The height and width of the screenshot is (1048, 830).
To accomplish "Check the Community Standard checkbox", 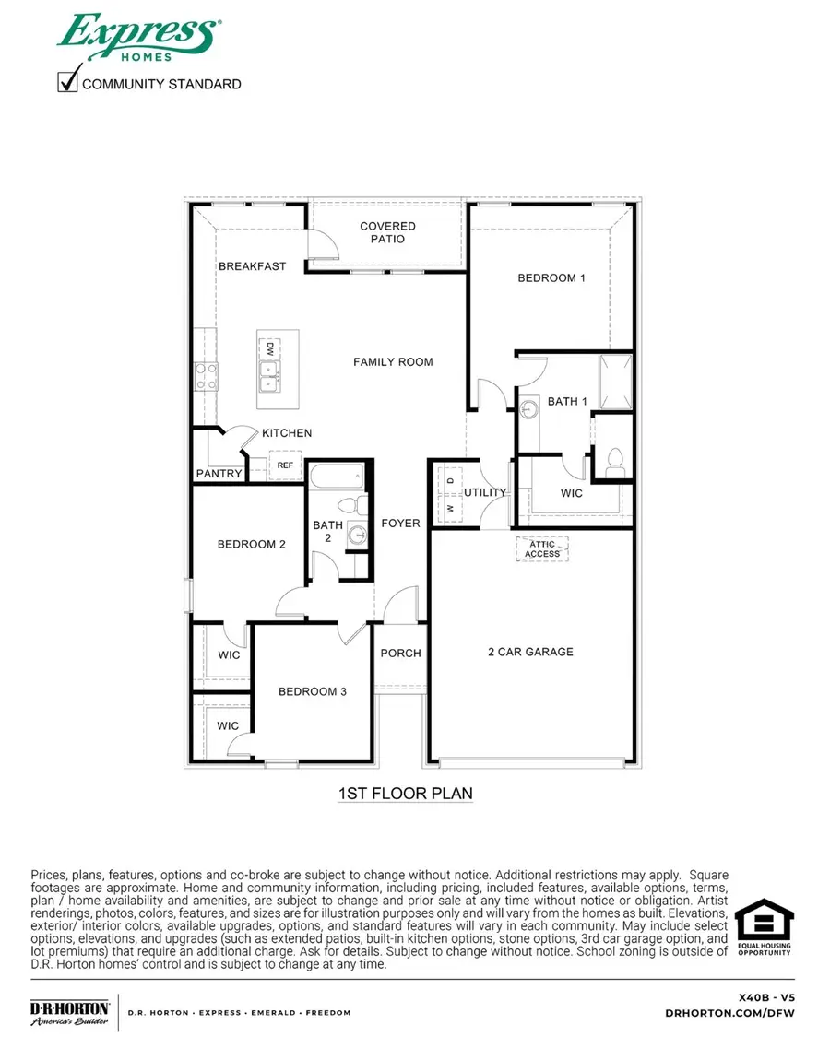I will click(68, 83).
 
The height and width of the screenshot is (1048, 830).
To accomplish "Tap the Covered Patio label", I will click(387, 232).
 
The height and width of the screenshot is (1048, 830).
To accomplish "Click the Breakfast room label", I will click(252, 266).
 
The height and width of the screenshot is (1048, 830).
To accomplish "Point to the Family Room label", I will click(393, 362).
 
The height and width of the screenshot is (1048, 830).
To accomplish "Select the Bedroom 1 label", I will click(551, 277).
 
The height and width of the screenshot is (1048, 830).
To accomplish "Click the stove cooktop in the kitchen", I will click(205, 377).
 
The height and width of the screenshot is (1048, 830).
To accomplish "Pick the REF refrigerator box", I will click(285, 465).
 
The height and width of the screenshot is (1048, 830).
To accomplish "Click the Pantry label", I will click(219, 474).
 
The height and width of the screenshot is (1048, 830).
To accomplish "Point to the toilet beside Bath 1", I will click(615, 460).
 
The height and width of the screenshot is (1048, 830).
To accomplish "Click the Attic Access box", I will click(542, 548).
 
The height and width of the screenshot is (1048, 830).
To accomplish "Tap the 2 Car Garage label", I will click(530, 652).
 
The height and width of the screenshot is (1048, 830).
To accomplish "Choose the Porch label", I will click(400, 654).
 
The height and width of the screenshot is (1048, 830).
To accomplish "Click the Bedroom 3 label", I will click(313, 691).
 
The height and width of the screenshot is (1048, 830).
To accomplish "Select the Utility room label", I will click(485, 492).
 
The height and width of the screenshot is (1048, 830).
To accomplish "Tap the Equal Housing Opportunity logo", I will click(763, 926).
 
